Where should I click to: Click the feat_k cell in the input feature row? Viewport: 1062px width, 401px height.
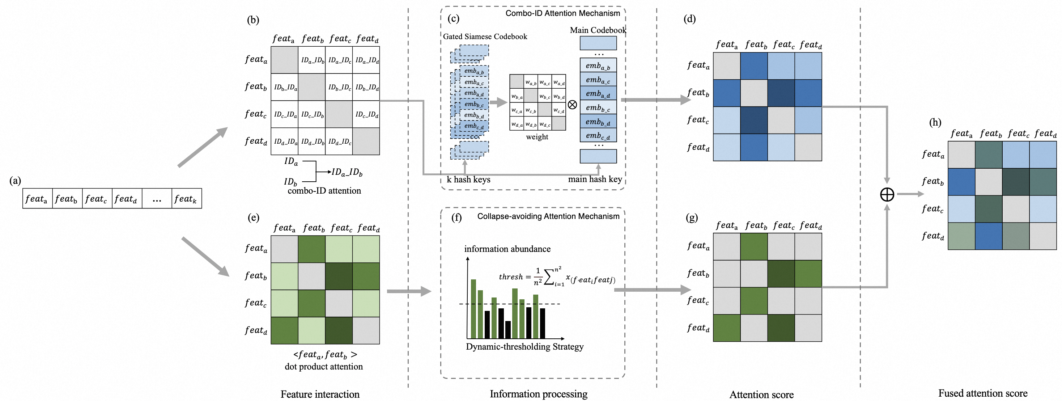(x=186, y=199)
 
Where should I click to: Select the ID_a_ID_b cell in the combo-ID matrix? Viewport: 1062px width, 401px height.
(x=312, y=60)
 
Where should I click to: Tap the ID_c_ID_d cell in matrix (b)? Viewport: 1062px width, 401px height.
(x=366, y=114)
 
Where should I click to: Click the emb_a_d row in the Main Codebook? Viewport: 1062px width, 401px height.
(x=598, y=94)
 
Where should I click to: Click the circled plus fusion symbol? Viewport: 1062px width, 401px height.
(x=887, y=194)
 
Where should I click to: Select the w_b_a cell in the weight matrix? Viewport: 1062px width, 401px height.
(x=517, y=97)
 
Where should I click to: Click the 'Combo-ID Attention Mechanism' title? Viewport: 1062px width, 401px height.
(x=562, y=13)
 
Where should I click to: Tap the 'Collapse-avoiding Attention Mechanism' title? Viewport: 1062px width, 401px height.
(x=548, y=216)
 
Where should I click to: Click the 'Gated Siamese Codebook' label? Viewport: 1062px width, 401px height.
(x=485, y=36)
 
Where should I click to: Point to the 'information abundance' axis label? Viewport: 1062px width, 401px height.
(x=507, y=249)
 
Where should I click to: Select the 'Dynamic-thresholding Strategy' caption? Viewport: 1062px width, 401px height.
(x=524, y=347)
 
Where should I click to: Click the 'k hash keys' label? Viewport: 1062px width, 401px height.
(x=468, y=180)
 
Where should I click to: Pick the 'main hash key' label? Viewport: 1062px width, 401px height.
(x=595, y=179)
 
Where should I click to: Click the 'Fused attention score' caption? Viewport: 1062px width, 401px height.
(x=982, y=393)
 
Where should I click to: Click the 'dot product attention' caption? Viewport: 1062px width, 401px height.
(x=324, y=366)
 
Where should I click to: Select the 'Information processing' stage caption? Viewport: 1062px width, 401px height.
(x=539, y=394)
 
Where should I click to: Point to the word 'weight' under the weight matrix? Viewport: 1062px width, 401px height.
(x=537, y=137)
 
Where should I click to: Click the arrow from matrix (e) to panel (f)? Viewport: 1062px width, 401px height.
(x=408, y=291)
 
